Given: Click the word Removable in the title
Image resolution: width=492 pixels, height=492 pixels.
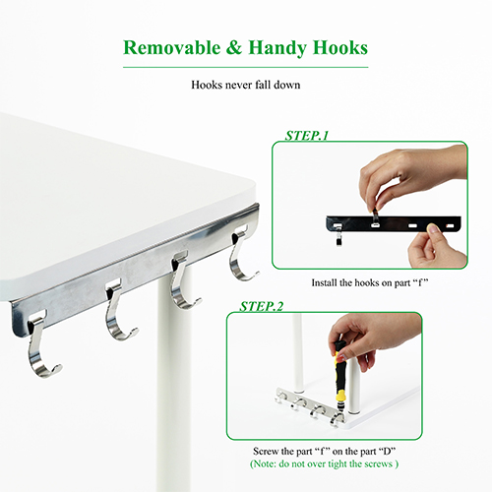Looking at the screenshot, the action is [172, 48].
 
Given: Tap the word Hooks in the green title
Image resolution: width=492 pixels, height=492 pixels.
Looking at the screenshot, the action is [340, 48].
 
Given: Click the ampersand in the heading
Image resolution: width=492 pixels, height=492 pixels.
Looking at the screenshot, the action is [234, 48].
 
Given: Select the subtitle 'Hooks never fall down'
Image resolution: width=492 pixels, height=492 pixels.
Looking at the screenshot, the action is [246, 85].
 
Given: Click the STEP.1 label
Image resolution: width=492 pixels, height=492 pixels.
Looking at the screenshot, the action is [307, 136].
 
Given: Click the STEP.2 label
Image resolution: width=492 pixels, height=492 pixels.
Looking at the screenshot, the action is [261, 307].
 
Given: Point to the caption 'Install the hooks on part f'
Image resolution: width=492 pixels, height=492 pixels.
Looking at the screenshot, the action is [370, 282].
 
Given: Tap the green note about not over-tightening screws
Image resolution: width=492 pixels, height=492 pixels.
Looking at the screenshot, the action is [324, 463].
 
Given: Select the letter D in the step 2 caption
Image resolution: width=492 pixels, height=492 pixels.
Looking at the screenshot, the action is [388, 452].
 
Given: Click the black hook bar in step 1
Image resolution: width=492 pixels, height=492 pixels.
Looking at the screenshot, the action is [394, 223].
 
